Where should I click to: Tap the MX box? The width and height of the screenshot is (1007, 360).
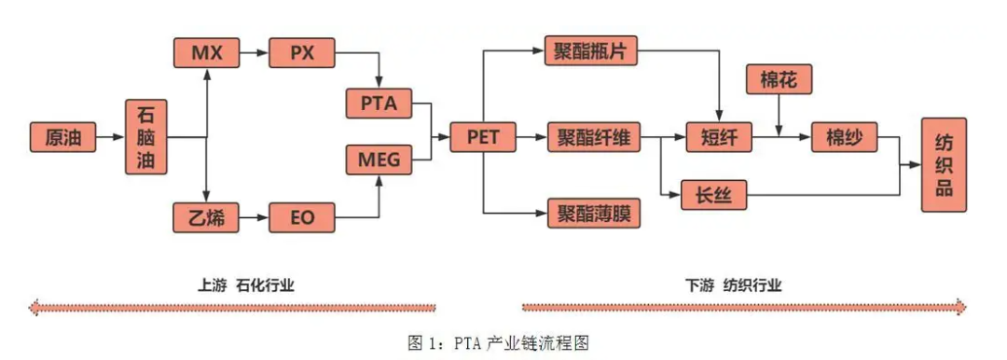click(x=206, y=52)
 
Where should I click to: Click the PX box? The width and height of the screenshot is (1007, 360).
click(x=301, y=52)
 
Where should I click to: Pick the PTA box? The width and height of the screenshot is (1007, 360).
click(x=379, y=104)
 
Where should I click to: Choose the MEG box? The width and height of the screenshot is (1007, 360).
click(x=379, y=159)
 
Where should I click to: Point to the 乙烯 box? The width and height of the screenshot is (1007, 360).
click(x=206, y=217)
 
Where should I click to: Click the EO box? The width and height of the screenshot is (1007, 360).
click(x=301, y=218)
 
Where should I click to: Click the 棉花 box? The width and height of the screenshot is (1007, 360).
click(x=779, y=80)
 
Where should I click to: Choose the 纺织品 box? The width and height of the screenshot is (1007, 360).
click(x=944, y=164)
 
